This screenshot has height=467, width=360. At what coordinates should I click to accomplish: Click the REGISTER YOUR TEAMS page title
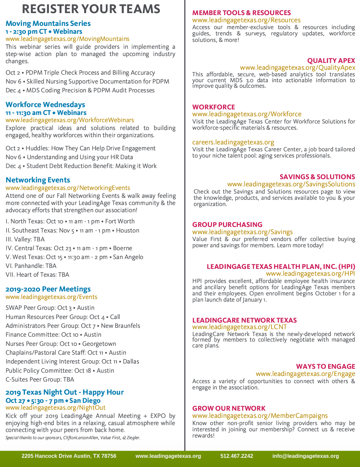coord(91,9)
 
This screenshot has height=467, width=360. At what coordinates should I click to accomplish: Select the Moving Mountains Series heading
coord(48,24)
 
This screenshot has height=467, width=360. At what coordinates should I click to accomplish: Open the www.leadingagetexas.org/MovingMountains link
coord(67,39)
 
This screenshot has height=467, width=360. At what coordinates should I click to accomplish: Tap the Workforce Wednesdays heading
coord(45,105)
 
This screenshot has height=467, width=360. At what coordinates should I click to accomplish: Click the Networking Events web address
coord(68,188)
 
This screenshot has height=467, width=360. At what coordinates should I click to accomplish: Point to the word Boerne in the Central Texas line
coord(123,248)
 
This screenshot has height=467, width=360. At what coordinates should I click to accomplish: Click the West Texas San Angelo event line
coord(74,257)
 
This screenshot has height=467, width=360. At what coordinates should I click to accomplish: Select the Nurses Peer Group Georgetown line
coord(61,344)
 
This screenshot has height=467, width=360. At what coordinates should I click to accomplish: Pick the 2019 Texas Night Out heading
coord(65,392)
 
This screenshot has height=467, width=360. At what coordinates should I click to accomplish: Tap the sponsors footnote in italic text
coord(73,438)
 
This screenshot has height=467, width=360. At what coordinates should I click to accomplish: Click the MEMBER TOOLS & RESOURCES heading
coord(241,13)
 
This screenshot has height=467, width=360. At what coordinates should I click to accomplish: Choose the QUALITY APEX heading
coord(331,61)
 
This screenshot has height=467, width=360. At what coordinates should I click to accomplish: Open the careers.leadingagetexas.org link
coord(233,142)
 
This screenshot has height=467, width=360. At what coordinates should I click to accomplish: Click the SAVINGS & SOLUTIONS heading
coord(317,177)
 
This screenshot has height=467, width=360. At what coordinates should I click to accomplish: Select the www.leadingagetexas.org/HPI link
coord(310,274)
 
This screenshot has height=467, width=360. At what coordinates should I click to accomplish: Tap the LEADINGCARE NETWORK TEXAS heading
coord(244,320)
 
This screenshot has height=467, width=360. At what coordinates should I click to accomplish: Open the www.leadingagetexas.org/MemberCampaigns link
coord(260,416)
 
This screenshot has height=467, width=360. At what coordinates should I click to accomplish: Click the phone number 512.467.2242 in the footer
coord(237,456)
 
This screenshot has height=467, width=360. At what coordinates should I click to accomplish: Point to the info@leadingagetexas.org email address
coord(306,456)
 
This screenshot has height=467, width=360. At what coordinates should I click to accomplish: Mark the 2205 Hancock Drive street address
coord(69,456)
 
